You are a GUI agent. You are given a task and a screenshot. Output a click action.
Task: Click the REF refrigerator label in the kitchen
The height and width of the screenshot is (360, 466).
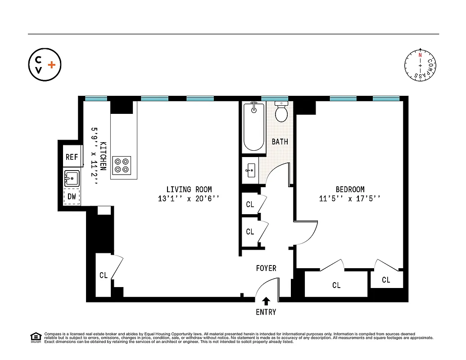tap(72, 157)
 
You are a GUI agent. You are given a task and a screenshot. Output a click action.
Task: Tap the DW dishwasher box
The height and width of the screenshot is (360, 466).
tap(72, 196)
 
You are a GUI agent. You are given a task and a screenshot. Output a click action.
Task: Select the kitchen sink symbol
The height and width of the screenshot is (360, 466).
tap(72, 178)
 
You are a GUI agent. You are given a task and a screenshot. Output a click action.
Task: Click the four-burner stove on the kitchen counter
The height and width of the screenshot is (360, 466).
tap(122, 165)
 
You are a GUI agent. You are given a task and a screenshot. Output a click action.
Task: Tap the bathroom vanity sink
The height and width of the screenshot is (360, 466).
tap(250, 171)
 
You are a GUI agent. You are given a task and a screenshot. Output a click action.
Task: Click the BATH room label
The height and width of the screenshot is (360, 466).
tap(280, 142)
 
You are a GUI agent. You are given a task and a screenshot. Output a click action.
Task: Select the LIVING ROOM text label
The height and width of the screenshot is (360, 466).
tap(189, 189)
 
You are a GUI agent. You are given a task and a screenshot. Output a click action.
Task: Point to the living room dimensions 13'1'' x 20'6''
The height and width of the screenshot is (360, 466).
tap(189, 198)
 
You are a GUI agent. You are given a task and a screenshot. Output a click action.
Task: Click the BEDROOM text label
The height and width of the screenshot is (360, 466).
tap(350, 189)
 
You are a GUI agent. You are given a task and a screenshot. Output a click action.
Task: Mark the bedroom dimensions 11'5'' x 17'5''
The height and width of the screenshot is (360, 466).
tap(350, 198)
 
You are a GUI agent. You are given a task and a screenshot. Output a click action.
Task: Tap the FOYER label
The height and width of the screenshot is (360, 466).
tap(266, 268)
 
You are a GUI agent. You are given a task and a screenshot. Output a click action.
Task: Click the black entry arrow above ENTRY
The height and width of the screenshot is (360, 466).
tap(266, 301)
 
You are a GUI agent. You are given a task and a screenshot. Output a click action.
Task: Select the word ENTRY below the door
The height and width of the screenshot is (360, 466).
tap(266, 312)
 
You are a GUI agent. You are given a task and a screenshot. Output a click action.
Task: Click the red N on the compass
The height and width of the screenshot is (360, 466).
tap(421, 55)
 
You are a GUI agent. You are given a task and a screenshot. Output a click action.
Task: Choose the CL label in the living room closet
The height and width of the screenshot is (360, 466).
tap(104, 275)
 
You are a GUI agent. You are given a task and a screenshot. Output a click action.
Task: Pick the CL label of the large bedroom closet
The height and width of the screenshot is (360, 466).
tap(336, 285)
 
